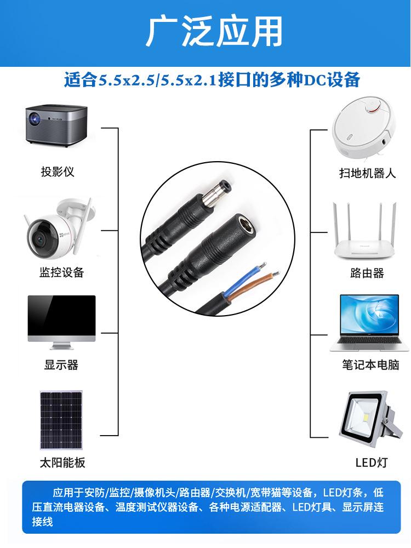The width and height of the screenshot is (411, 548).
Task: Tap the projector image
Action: pyautogui.click(x=58, y=127)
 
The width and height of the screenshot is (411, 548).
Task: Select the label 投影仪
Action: pyautogui.click(x=57, y=172)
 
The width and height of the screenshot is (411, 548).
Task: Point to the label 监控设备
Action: pyautogui.click(x=62, y=272)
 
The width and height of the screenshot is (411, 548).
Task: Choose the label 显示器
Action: pyautogui.click(x=61, y=365)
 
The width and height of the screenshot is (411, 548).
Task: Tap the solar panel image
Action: pyautogui.click(x=61, y=420)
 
